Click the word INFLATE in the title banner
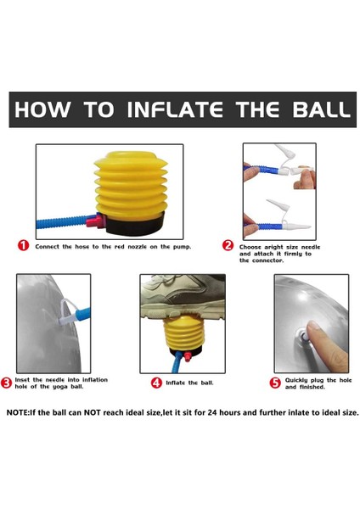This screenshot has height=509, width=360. coord(175,109)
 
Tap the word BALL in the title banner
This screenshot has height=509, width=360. coord(321,109)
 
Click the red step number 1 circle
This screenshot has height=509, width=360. coord(24,246)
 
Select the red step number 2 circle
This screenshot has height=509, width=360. coord(228,245)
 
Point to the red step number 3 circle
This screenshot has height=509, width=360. coord(6,383)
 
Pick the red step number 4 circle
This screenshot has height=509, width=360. coord(156,383)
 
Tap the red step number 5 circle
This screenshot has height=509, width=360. coord(275,383)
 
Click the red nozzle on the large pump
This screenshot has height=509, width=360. coord(95,221)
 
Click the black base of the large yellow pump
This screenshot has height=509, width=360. coord(135,225)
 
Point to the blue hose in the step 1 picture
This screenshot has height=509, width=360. coord(62,223)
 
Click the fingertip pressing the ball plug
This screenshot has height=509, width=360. coord(313,328)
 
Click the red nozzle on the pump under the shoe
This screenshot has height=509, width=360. coord(187,357)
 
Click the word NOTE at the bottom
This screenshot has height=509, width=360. coord(17,412)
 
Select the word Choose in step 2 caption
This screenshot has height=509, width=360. coord(250,247)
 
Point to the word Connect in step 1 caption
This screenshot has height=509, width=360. coord(47,247)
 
